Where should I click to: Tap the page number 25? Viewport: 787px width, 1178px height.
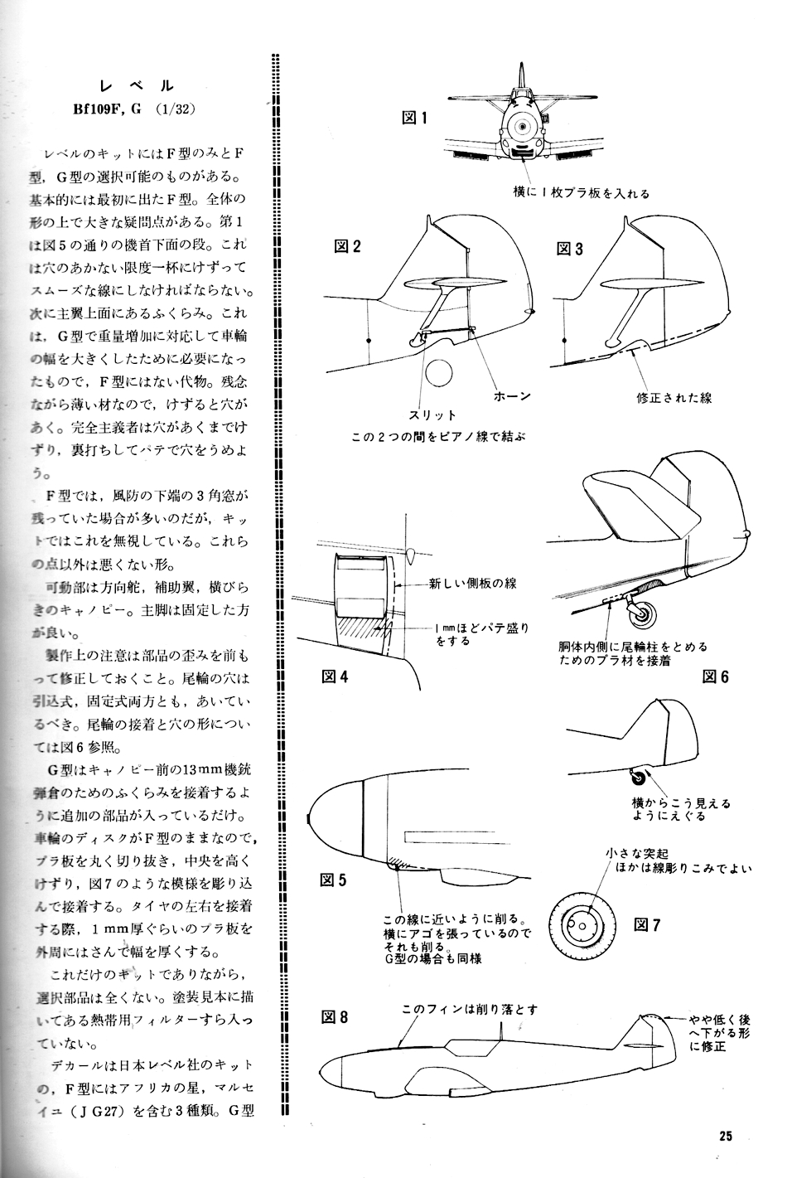pyautogui.click(x=727, y=1136)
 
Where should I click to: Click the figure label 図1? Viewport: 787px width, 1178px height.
pyautogui.click(x=414, y=118)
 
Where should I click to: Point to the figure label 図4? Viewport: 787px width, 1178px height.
pyautogui.click(x=335, y=676)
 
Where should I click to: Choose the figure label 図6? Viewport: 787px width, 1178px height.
pyautogui.click(x=715, y=676)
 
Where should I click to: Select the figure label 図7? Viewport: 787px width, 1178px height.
pyautogui.click(x=647, y=925)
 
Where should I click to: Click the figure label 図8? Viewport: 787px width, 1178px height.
pyautogui.click(x=335, y=1018)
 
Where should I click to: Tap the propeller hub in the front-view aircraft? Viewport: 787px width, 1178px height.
pyautogui.click(x=521, y=127)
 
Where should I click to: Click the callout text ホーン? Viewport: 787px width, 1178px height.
pyautogui.click(x=512, y=395)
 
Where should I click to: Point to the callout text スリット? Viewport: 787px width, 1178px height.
pyautogui.click(x=432, y=414)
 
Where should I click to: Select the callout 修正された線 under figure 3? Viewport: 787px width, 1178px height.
pyautogui.click(x=674, y=397)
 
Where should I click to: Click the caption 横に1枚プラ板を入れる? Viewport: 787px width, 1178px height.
pyautogui.click(x=581, y=193)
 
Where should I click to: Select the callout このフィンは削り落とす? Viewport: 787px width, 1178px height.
pyautogui.click(x=470, y=1009)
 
